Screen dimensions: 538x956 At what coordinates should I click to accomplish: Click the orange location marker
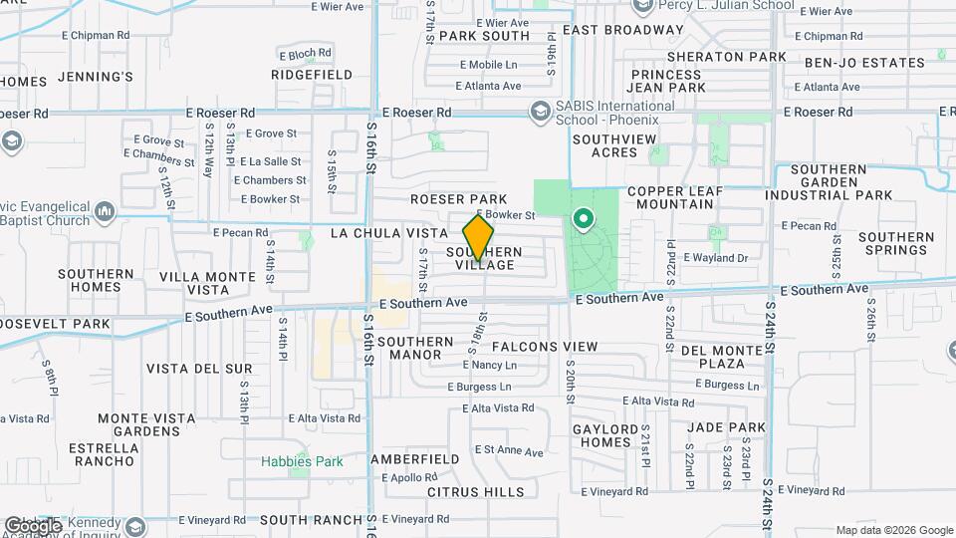click(479, 236)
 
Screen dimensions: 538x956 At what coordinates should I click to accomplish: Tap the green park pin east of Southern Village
click(582, 216)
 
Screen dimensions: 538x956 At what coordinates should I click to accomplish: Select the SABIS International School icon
click(541, 111)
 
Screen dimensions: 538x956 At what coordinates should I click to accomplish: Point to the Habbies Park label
click(301, 461)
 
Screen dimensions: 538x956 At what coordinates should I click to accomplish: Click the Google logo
click(32, 526)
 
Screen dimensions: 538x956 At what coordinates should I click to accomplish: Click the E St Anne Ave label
click(508, 452)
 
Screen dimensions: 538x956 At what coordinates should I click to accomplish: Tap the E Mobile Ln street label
click(488, 65)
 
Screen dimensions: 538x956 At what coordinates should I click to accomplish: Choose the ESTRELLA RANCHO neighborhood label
click(103, 454)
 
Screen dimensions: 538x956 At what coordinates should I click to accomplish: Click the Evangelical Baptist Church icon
click(107, 210)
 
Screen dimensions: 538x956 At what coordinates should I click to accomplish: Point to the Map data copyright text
click(893, 530)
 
